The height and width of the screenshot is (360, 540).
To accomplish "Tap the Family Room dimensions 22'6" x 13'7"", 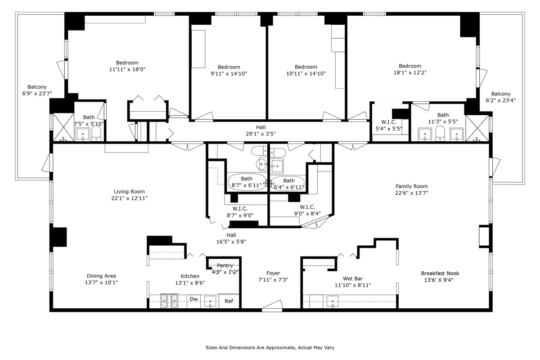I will pyautogui.click(x=411, y=193).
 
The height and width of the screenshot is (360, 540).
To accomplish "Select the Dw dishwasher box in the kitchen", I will pyautogui.click(x=193, y=299).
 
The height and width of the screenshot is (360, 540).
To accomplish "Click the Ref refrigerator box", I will pyautogui.click(x=229, y=301).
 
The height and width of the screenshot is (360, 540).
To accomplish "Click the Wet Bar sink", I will pyautogui.click(x=333, y=301).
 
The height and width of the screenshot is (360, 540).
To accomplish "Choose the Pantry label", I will pyautogui.click(x=225, y=266).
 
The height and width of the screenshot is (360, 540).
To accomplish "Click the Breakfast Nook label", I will pyautogui.click(x=440, y=273).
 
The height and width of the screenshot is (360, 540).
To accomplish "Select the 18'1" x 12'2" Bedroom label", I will pyautogui.click(x=409, y=66).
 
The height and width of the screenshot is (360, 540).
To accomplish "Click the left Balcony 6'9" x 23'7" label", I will pyautogui.click(x=37, y=87).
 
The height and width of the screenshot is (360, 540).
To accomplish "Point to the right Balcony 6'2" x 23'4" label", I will pyautogui.click(x=500, y=94).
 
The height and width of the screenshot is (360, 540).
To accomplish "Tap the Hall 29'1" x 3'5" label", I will pyautogui.click(x=261, y=127).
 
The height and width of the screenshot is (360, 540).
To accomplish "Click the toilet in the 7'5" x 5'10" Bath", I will pyautogui.click(x=96, y=134).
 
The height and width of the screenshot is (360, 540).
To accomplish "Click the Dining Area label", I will pyautogui.click(x=101, y=276).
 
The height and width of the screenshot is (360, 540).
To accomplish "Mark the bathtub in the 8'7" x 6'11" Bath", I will pyautogui.click(x=245, y=182).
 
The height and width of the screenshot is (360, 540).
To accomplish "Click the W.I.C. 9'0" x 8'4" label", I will pyautogui.click(x=307, y=207).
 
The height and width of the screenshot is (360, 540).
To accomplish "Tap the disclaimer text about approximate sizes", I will pyautogui.click(x=270, y=348).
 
